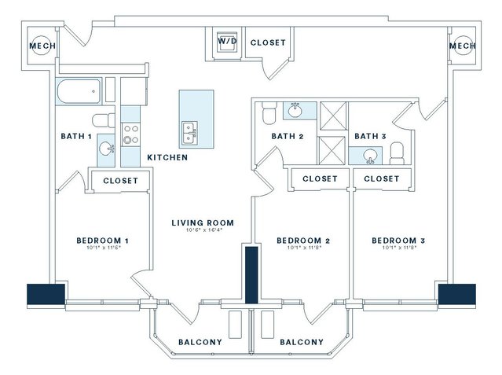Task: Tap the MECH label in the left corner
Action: [x=42, y=46]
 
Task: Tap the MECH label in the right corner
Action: [x=463, y=46]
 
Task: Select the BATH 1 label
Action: [x=76, y=136]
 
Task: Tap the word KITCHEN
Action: [x=167, y=158]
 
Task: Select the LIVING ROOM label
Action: [x=203, y=223]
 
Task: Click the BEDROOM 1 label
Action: [x=102, y=241]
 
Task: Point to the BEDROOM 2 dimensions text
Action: [x=302, y=248]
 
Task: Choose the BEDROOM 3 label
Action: [x=398, y=241]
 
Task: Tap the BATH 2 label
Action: [x=288, y=136]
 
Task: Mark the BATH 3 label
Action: [x=370, y=136]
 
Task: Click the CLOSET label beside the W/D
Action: [x=268, y=42]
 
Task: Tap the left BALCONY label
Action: [x=200, y=342]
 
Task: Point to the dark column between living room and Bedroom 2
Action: [x=251, y=274]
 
